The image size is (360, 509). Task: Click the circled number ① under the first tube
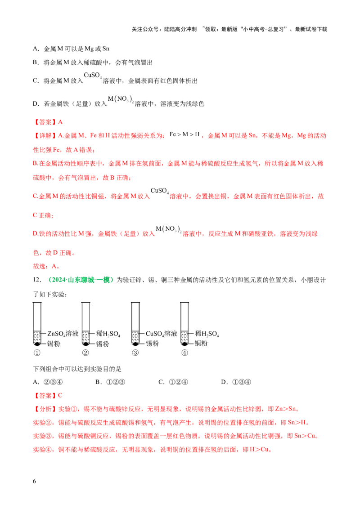37,353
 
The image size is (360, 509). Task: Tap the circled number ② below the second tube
85,353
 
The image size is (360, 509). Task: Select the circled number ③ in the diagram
135,353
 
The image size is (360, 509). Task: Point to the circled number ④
184,353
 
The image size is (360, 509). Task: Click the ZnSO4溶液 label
63,334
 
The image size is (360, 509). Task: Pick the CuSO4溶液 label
162,334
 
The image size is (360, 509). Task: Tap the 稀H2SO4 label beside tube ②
108,334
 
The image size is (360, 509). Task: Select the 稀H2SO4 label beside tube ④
207,334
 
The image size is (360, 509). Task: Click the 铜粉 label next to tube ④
201,344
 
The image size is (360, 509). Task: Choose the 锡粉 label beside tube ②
103,344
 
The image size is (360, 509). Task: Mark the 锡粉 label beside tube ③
152,344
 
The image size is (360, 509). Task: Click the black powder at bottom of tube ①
37,344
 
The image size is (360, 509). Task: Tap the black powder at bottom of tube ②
85,344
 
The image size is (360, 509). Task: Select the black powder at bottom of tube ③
135,344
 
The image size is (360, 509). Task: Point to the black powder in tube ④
184,344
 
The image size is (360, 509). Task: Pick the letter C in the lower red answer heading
61,396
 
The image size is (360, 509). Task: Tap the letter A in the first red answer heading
61,122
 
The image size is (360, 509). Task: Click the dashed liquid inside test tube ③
135,336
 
